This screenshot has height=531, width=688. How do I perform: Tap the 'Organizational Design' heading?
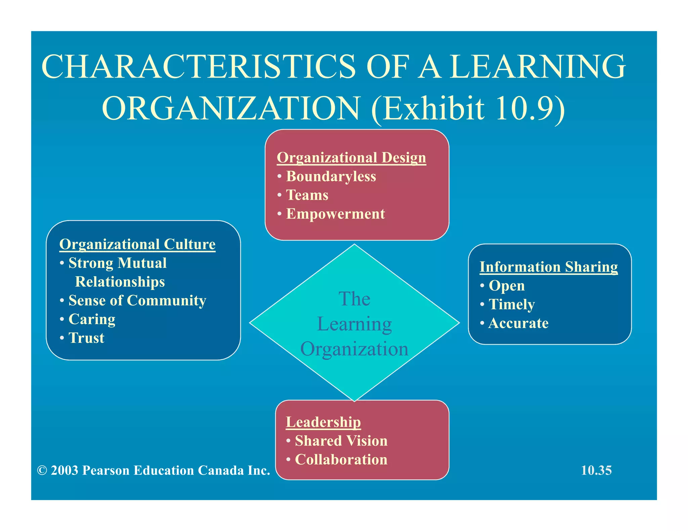[351, 158]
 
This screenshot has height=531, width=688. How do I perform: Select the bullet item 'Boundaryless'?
[331, 177]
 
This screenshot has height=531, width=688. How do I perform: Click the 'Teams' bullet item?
[307, 195]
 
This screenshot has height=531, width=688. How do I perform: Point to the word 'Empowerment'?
[335, 214]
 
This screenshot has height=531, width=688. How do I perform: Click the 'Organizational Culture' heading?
[137, 244]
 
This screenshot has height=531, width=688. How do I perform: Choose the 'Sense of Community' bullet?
[137, 300]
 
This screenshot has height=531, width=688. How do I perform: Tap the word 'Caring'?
[92, 319]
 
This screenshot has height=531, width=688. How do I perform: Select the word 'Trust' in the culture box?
[86, 338]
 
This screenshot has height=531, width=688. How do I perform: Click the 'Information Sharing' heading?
[548, 267]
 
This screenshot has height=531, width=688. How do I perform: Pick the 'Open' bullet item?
[506, 286]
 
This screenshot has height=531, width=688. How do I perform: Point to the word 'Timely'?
[511, 304]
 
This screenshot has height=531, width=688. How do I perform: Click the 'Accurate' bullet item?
[518, 323]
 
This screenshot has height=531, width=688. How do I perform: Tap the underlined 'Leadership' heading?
[323, 422]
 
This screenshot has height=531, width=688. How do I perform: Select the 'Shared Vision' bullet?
[341, 441]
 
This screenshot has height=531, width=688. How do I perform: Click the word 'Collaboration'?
[341, 460]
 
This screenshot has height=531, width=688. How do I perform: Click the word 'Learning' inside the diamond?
[354, 324]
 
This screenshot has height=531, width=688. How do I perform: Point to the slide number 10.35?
[596, 470]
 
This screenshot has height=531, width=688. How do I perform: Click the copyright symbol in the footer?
[42, 471]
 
